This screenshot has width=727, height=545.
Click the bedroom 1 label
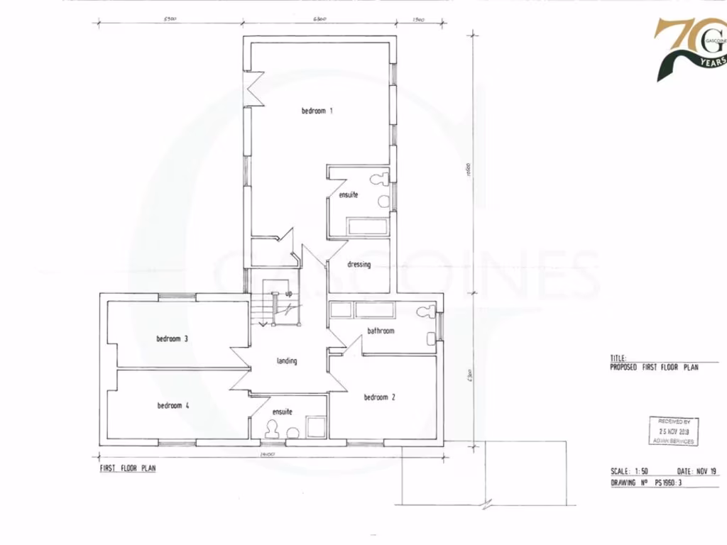point(317,111)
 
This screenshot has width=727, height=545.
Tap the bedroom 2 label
point(379,397)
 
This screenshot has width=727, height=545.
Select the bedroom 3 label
point(172,338)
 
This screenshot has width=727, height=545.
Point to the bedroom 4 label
point(173,406)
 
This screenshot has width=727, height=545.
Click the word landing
point(287,361)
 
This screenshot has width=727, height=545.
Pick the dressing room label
point(359,265)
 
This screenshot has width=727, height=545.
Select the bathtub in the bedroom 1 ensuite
point(366,227)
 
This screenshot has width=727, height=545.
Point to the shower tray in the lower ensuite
point(315,426)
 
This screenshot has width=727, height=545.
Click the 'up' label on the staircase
point(288,293)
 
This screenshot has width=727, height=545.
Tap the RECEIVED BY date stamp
point(674,431)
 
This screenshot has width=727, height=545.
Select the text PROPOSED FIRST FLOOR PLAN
point(654,368)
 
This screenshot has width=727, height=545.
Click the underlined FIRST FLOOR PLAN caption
point(127,468)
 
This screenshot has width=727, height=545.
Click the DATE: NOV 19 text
point(698,471)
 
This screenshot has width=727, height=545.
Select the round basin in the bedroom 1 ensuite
point(384,202)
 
